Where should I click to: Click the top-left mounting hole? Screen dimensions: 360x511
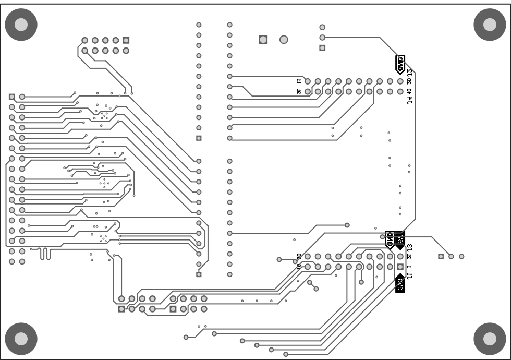[21, 24]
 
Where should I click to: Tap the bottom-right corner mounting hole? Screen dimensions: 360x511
[490, 339]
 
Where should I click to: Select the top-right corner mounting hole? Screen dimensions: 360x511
[490, 24]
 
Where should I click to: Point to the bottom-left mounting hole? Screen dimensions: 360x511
[21, 339]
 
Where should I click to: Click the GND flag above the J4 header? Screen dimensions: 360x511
[400, 65]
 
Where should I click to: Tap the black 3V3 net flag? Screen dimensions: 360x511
[400, 283]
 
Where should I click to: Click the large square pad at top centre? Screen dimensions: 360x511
[263, 40]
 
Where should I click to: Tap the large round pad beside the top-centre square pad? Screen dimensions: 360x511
[284, 40]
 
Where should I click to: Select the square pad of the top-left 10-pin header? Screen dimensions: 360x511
[126, 40]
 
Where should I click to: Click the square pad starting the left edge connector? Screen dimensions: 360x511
[12, 97]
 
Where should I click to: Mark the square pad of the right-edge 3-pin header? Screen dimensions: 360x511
[441, 256]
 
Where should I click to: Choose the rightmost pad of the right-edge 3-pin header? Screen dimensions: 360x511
[461, 256]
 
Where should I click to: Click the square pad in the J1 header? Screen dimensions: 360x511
[400, 267]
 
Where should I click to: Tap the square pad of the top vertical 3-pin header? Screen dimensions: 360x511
[322, 47]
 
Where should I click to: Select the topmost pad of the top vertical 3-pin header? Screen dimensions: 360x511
[322, 27]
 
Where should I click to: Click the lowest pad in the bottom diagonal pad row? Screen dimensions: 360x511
[286, 355]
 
